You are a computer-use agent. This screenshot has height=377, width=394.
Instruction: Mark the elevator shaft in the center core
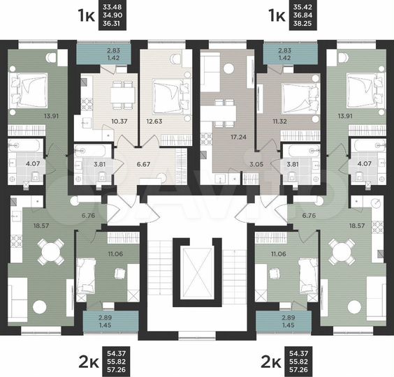pyautogui.click(x=198, y=272)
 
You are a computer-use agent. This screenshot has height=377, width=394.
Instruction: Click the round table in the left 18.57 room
pyautogui.click(x=49, y=249)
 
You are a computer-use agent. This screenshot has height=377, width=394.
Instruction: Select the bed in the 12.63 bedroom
pyautogui.click(x=167, y=95)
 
